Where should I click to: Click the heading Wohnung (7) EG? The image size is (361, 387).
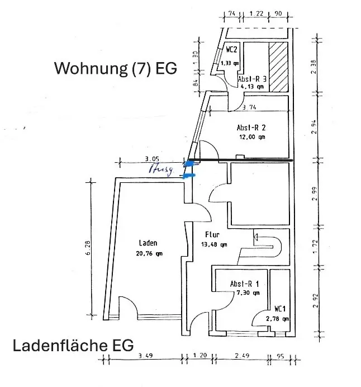click(x=115, y=68)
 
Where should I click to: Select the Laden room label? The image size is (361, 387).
click(x=148, y=243)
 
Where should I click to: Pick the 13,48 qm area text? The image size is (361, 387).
click(x=213, y=244)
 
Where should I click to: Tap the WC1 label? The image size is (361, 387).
click(x=280, y=309)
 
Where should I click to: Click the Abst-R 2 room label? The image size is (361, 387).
click(x=251, y=127)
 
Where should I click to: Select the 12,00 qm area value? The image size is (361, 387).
click(x=253, y=136)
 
